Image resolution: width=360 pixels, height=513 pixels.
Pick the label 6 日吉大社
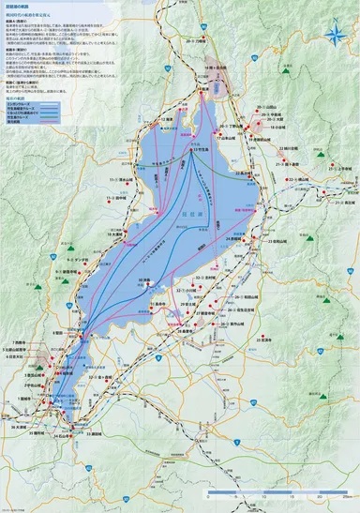click(x=17, y=357)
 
